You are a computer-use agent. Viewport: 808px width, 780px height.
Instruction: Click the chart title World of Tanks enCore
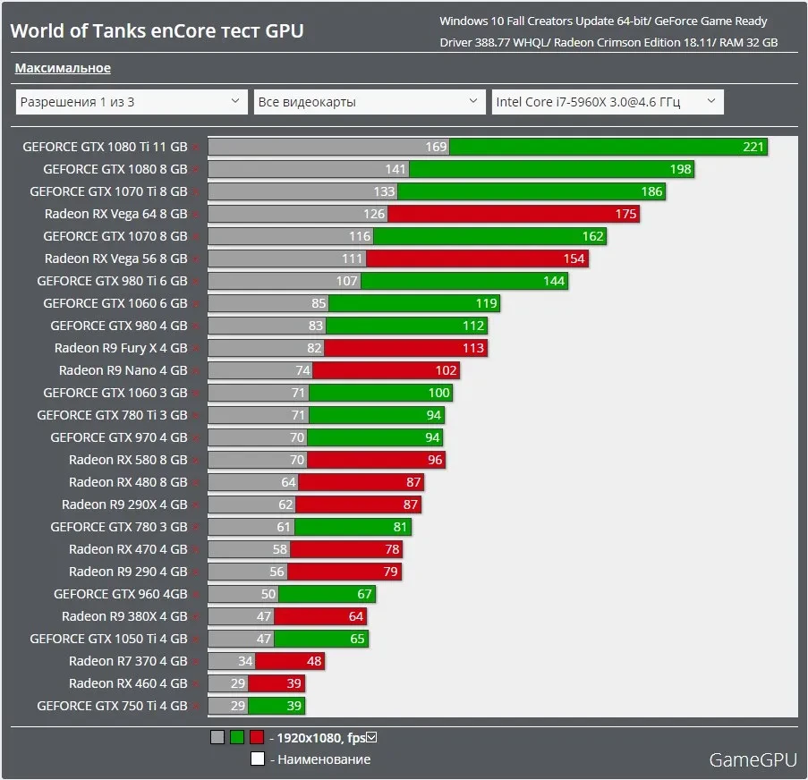pyautogui.click(x=157, y=30)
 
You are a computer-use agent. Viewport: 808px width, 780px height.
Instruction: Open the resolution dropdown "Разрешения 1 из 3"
pyautogui.click(x=131, y=102)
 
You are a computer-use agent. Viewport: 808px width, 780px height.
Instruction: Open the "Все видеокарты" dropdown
pyautogui.click(x=370, y=102)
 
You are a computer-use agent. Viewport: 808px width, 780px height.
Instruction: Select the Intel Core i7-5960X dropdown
pyautogui.click(x=608, y=102)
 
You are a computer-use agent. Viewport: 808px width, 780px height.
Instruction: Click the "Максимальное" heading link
pyautogui.click(x=63, y=68)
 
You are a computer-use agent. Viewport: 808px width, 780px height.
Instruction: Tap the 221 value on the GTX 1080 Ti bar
pyautogui.click(x=753, y=147)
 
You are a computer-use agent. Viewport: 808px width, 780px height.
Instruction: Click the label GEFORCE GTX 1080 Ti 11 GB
pyautogui.click(x=105, y=147)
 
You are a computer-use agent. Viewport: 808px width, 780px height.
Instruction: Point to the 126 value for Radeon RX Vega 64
pyautogui.click(x=374, y=214)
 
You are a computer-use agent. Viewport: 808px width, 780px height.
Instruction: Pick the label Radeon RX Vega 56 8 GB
pyautogui.click(x=116, y=259)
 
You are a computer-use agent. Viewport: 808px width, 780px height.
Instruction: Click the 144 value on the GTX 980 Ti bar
pyautogui.click(x=554, y=281)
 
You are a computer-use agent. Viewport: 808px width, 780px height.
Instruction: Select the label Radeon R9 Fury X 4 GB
pyautogui.click(x=121, y=348)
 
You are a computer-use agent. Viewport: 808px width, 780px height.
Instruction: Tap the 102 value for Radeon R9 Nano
pyautogui.click(x=446, y=370)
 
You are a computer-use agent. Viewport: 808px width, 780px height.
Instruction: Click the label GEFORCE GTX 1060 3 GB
pyautogui.click(x=115, y=393)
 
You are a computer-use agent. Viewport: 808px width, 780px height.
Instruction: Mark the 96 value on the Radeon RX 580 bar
pyautogui.click(x=436, y=460)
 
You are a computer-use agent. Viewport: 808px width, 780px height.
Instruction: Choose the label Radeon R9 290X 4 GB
pyautogui.click(x=124, y=504)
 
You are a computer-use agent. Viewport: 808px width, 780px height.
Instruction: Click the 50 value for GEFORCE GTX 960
pyautogui.click(x=268, y=594)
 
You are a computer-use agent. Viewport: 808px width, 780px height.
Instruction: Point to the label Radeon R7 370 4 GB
pyautogui.click(x=128, y=661)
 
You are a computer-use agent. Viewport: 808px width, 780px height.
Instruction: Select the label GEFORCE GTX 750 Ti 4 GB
pyautogui.click(x=112, y=706)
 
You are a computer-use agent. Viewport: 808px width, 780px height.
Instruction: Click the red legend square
pyautogui.click(x=257, y=738)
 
